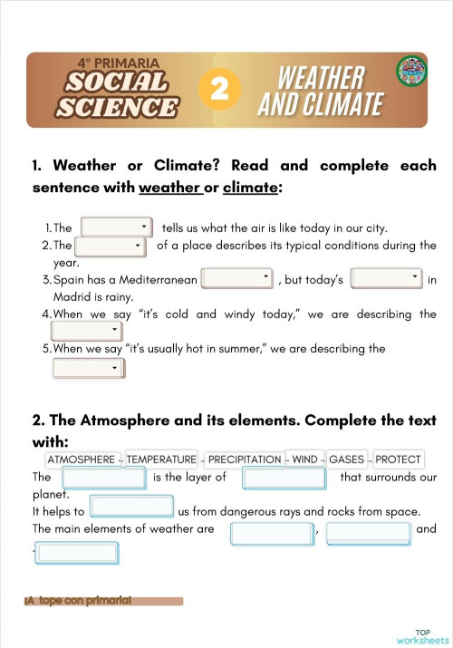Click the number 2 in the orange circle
pyautogui.click(x=224, y=89)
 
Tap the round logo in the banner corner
pyautogui.click(x=411, y=72)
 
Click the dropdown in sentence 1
pyautogui.click(x=117, y=227)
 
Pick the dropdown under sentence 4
pyautogui.click(x=87, y=332)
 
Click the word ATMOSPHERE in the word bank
pyautogui.click(x=81, y=459)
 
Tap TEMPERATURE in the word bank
pyautogui.click(x=161, y=459)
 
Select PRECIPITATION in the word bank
pyautogui.click(x=245, y=459)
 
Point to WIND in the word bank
pyautogui.click(x=304, y=459)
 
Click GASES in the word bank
pyautogui.click(x=346, y=459)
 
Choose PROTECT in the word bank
pyautogui.click(x=398, y=459)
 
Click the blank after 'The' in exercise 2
pyautogui.click(x=103, y=478)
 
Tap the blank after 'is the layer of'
pyautogui.click(x=277, y=478)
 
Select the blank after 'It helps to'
pyautogui.click(x=132, y=507)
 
